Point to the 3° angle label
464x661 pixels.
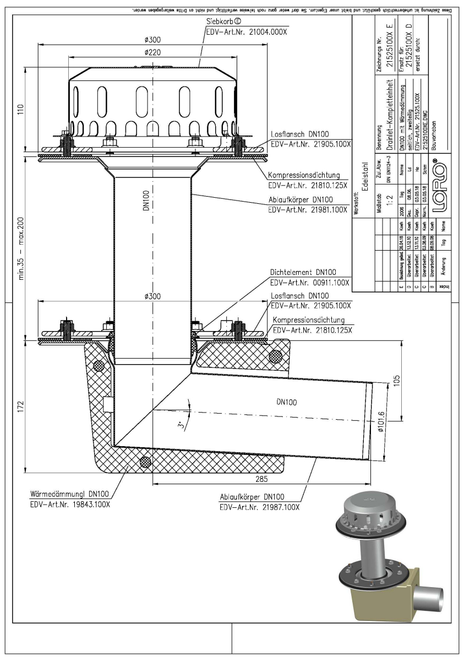pos(181,425)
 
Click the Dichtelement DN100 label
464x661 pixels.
pos(302,272)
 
